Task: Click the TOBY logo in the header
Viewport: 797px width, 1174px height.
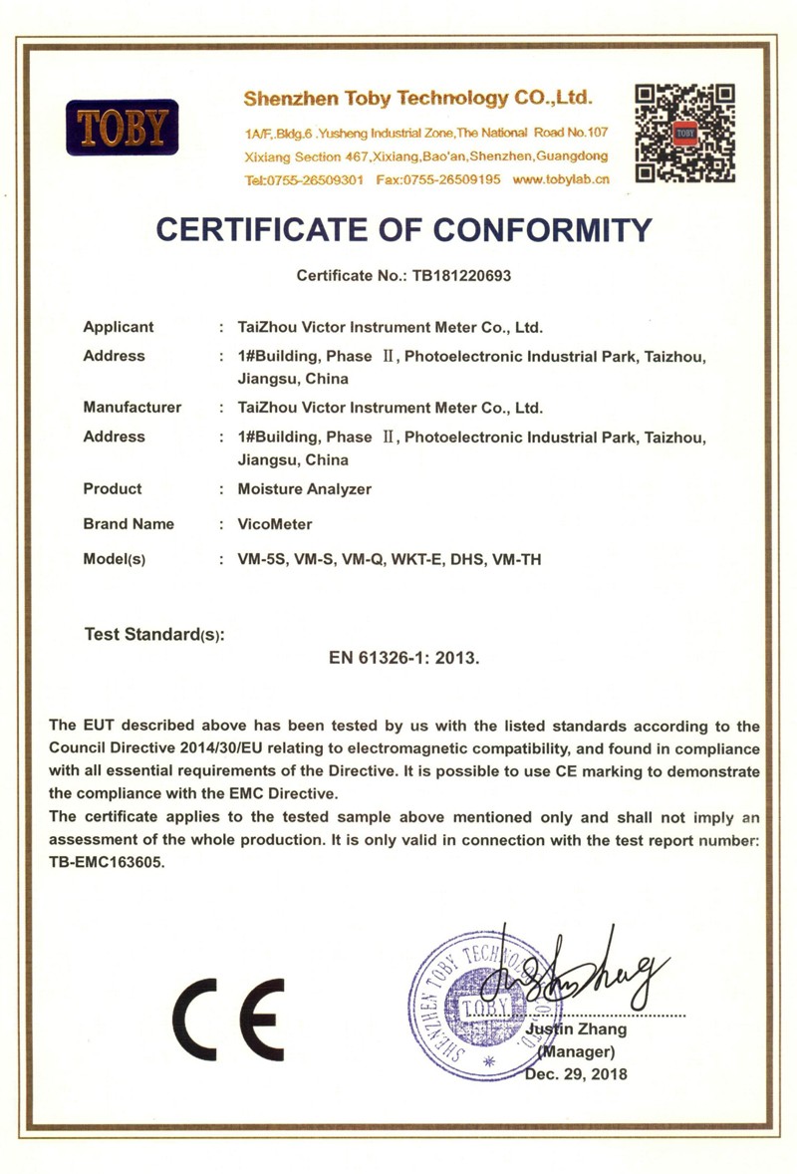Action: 122,127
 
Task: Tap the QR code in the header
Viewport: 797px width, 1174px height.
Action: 685,134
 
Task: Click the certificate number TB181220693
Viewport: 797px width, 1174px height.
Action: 461,275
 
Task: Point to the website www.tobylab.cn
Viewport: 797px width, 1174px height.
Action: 560,179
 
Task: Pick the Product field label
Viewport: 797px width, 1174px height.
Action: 113,488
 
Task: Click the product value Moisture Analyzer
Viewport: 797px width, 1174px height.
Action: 305,489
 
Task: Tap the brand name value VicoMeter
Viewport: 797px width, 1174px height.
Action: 275,524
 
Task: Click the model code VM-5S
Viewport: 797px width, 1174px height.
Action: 261,559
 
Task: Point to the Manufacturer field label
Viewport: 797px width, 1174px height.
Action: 133,407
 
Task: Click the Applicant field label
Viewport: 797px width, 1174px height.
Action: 119,326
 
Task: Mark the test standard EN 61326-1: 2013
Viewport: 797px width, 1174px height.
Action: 404,658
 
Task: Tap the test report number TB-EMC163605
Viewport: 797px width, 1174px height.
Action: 106,863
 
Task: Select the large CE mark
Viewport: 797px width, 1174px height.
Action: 228,1019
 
